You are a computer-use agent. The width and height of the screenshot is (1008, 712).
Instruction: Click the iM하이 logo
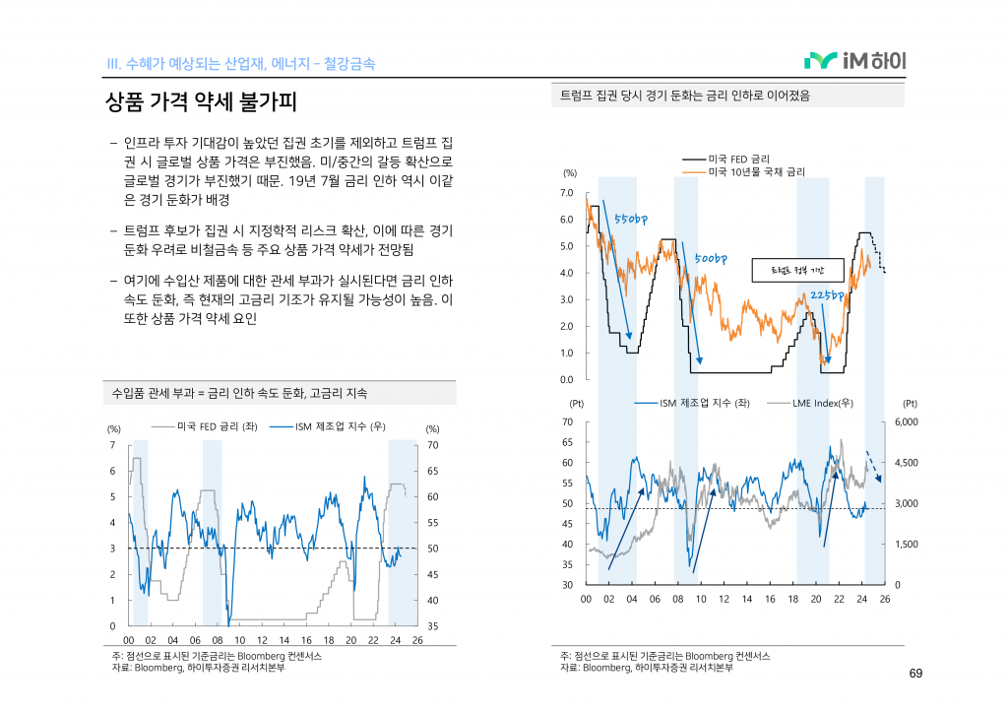pyautogui.click(x=854, y=61)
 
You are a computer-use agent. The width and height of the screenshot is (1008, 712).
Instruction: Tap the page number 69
pyautogui.click(x=915, y=674)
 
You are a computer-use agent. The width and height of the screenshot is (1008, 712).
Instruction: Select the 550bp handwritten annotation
pyautogui.click(x=630, y=218)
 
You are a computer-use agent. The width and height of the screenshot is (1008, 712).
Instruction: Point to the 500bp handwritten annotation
pyautogui.click(x=710, y=258)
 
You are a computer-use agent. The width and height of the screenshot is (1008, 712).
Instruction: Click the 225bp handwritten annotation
pyautogui.click(x=828, y=294)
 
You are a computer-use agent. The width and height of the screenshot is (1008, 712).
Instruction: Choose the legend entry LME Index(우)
pyautogui.click(x=822, y=403)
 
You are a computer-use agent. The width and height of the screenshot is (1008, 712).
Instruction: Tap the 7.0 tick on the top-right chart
pyautogui.click(x=566, y=193)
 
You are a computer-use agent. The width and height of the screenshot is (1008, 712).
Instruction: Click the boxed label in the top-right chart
pyautogui.click(x=797, y=270)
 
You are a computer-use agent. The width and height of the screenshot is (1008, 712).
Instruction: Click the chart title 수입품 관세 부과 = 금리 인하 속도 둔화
pyautogui.click(x=240, y=393)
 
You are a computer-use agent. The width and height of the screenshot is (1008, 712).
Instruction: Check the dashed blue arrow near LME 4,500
pyautogui.click(x=873, y=466)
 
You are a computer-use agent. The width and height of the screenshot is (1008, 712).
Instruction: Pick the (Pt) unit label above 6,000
pyautogui.click(x=910, y=403)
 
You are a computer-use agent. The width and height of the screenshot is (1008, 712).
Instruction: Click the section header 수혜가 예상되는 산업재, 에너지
pyautogui.click(x=240, y=64)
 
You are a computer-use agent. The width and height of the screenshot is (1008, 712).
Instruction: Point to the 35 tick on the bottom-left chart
pyautogui.click(x=432, y=626)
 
